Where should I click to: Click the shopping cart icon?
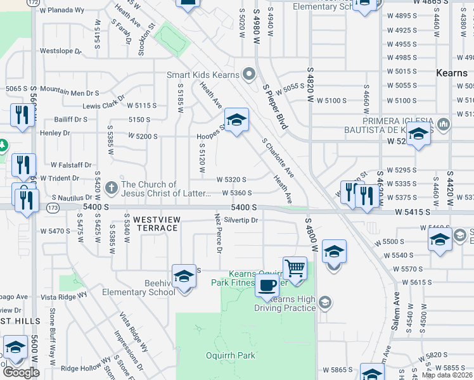coord(295,268)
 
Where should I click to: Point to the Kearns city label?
coord(452,73)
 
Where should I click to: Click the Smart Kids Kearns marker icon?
coord(249,75)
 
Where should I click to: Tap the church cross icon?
coord(112,187)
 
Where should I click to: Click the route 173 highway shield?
coord(53,207)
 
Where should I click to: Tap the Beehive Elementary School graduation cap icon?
coord(184,277)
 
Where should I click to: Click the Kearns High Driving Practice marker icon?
coord(324,301)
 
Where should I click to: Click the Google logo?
coord(21,372)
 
